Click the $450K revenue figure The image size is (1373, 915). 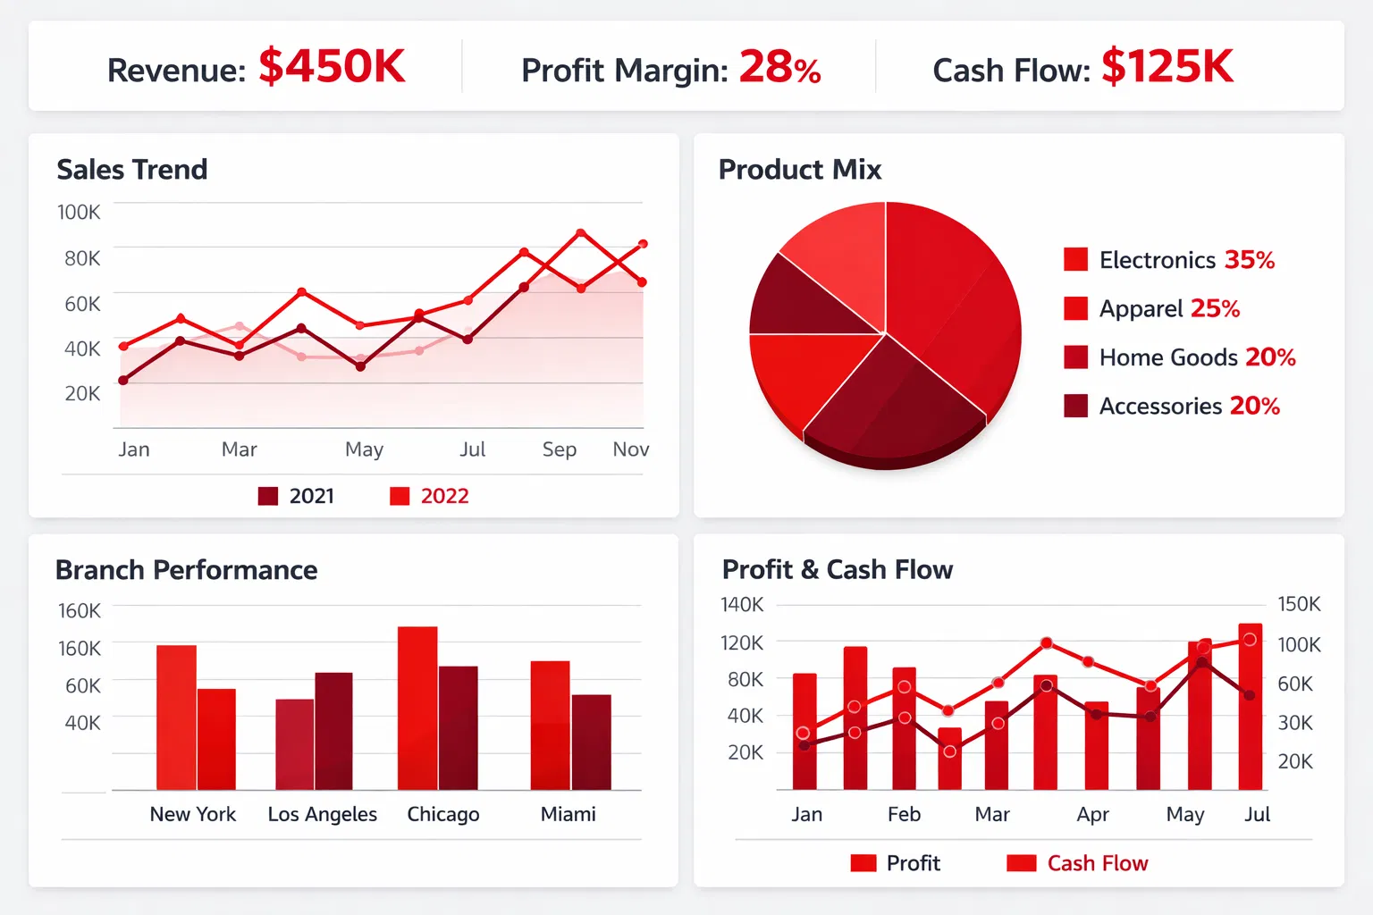point(332,67)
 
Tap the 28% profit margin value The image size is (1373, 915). point(779,68)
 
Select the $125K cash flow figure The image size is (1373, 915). point(1167,67)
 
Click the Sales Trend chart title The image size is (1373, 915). point(132,169)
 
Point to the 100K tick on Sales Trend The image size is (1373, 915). point(79,213)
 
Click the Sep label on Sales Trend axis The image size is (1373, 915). point(560,449)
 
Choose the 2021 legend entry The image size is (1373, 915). point(297,496)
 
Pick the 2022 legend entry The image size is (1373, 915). point(430,496)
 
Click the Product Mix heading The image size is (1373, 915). point(800,169)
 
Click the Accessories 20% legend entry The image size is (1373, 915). point(1173,406)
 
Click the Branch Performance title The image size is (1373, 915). point(187,569)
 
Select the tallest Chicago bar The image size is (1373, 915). point(417,708)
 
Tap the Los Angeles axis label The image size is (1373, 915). point(323,814)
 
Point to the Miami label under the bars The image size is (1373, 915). point(569,814)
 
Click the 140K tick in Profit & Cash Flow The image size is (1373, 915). point(742,605)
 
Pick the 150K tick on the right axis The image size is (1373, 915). point(1299,604)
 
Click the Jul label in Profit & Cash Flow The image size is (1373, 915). point(1257,814)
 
